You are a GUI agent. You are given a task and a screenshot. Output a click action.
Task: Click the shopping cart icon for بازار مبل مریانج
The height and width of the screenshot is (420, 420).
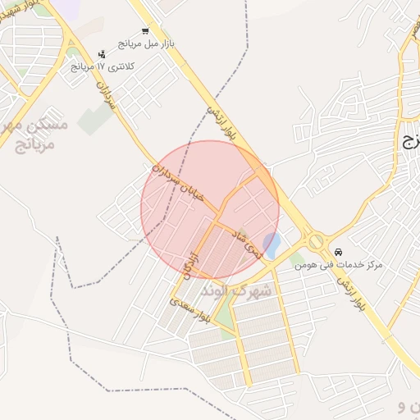pyautogui.click(x=144, y=31)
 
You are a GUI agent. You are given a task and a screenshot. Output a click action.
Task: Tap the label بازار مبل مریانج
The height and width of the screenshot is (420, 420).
pyautogui.click(x=147, y=43)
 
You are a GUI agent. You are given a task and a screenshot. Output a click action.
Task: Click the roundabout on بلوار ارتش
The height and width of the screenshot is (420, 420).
pyautogui.click(x=316, y=241)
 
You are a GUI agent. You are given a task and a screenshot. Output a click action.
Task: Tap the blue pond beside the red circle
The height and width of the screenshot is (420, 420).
pyautogui.click(x=273, y=242)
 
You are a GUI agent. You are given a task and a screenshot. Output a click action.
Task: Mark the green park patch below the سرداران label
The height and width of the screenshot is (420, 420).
pyautogui.click(x=96, y=120)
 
